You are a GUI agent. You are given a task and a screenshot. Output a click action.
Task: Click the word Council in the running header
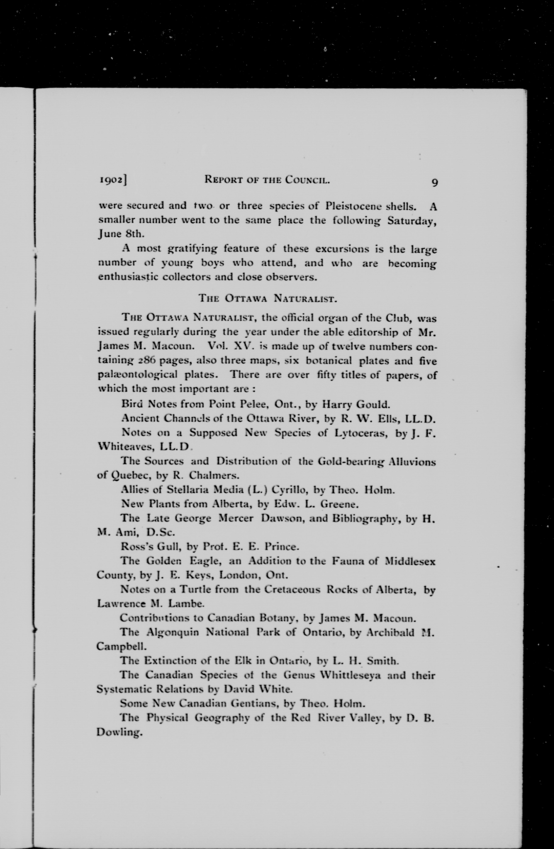point(307,180)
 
